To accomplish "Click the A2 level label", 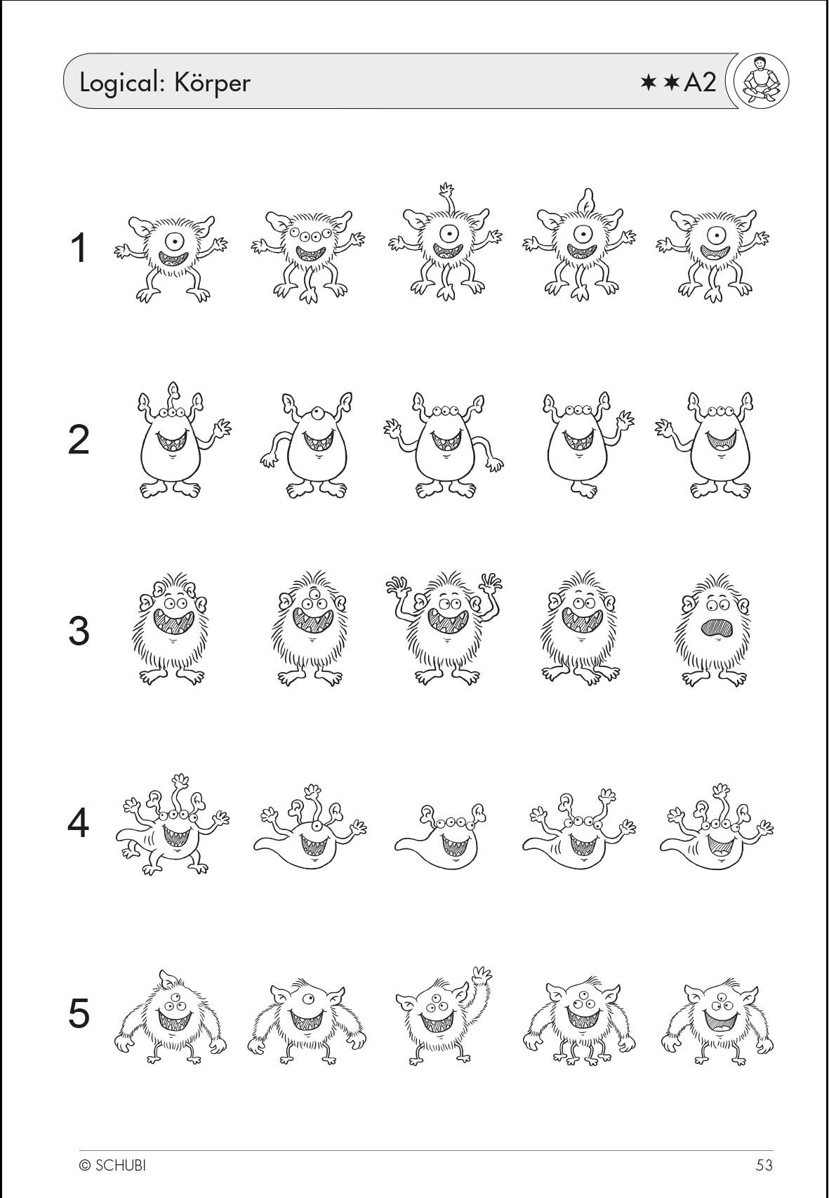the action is (x=700, y=84).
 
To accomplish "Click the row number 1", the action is (x=79, y=248).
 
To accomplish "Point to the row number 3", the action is (x=79, y=631).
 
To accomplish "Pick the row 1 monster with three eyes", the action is (x=308, y=257).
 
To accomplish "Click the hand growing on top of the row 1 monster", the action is (x=446, y=191).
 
